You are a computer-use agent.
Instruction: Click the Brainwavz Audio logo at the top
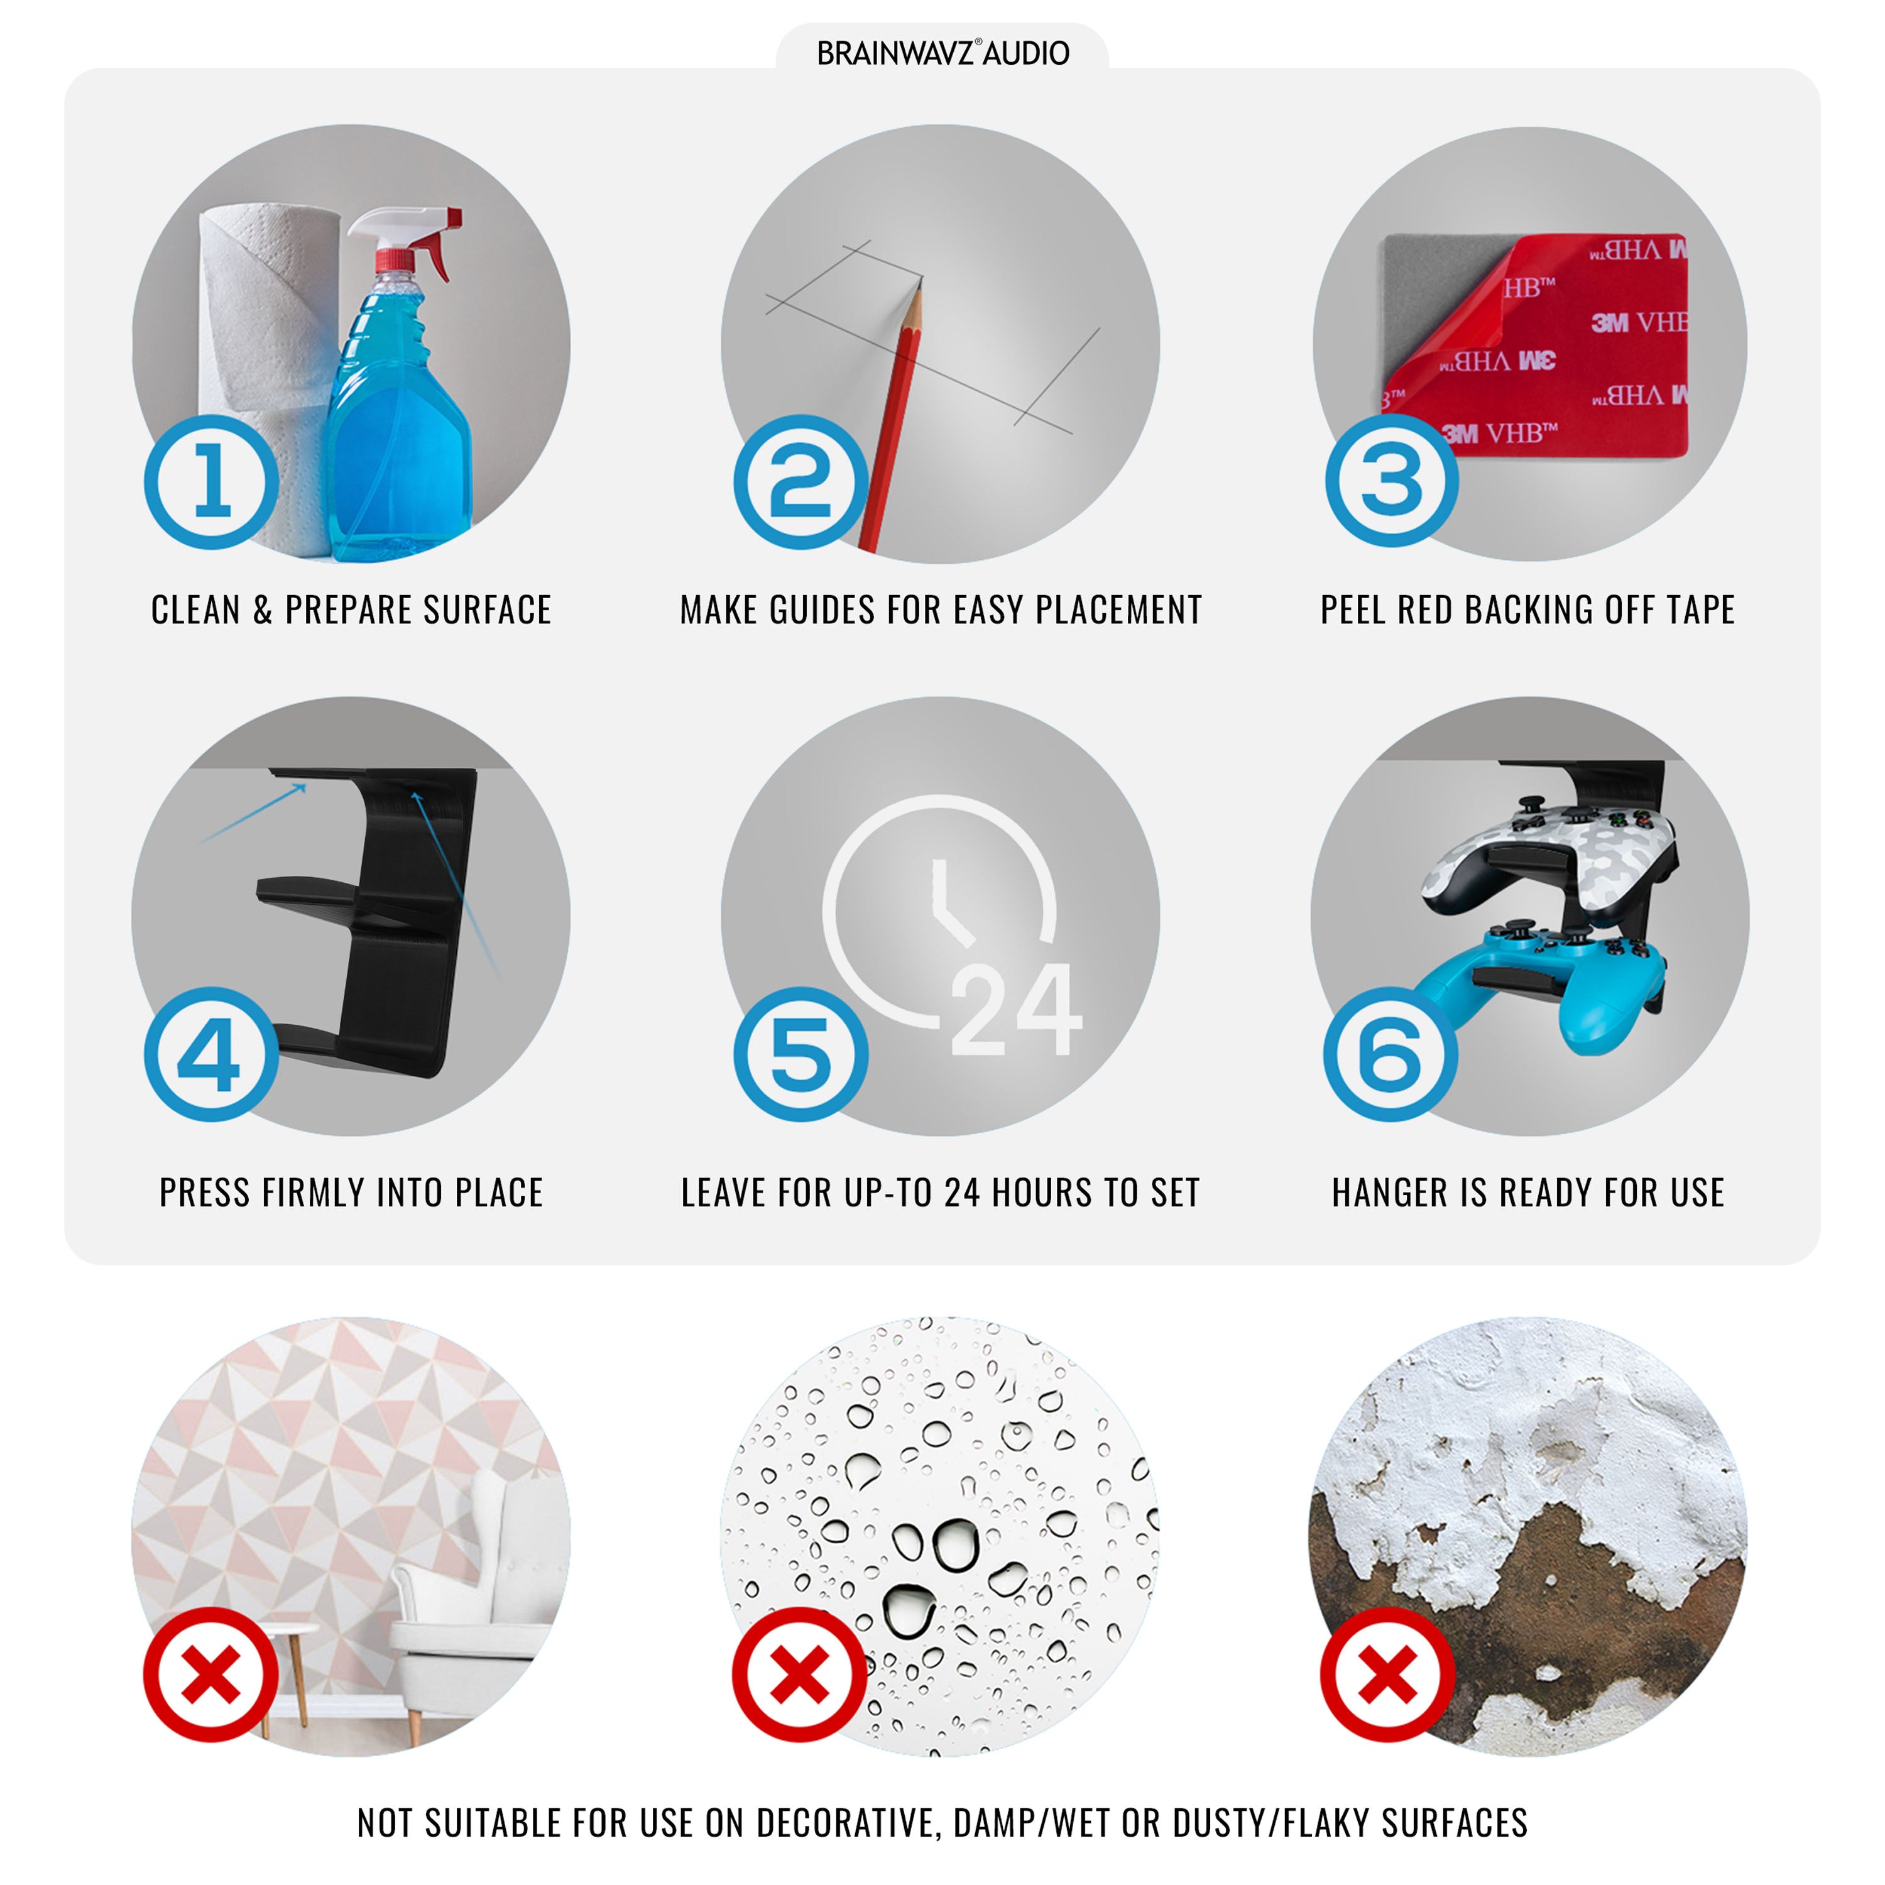click(942, 53)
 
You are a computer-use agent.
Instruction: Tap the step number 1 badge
click(212, 482)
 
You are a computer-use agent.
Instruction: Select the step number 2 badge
click(801, 482)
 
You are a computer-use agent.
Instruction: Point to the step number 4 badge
click(212, 1055)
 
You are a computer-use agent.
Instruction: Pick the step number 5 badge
click(801, 1055)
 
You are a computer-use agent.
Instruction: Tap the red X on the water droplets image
click(800, 1675)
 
